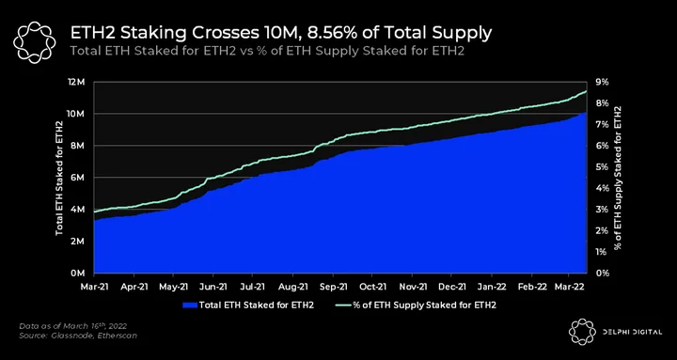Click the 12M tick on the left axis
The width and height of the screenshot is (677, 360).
point(79,82)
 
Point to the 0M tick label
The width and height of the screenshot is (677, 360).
point(80,274)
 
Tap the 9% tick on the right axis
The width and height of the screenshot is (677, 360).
point(602,82)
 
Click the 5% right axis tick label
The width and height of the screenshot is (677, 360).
point(602,167)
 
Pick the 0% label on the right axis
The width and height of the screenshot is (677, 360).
point(602,274)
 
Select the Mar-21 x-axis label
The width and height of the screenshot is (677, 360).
point(95,286)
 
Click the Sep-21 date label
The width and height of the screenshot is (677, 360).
point(334,286)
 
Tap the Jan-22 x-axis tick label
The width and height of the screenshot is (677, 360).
point(492,286)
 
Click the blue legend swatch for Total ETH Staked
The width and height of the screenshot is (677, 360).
point(190,305)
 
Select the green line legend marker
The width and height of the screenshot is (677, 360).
point(343,305)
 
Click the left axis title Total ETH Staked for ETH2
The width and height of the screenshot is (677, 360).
point(59,179)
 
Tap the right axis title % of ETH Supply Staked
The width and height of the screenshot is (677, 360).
point(619,178)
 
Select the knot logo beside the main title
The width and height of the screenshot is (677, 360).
point(35,42)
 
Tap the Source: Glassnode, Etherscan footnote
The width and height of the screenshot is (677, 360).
point(78,336)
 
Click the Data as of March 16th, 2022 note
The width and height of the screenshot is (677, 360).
point(73,326)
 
